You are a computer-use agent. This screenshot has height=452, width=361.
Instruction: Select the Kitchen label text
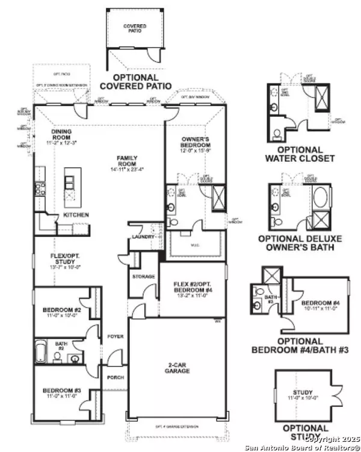click(76, 215)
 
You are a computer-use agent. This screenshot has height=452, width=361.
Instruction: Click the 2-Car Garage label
click(178, 368)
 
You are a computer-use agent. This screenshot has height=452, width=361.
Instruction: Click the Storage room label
click(144, 277)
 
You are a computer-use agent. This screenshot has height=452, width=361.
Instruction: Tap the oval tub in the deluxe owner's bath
click(319, 197)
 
